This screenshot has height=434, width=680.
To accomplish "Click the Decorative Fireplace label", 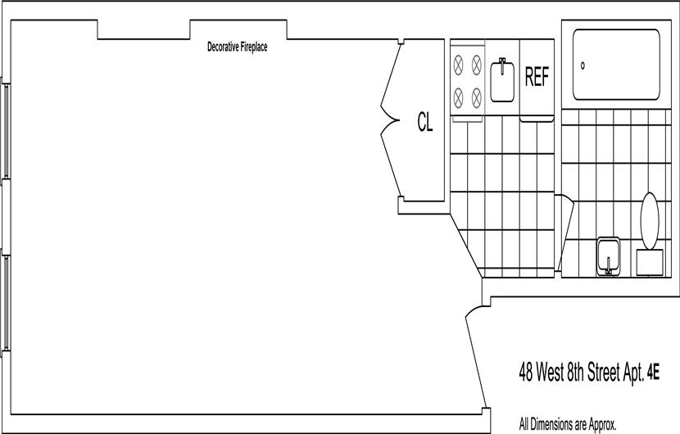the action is [x=238, y=47].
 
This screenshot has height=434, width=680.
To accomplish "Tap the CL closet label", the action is [x=425, y=122].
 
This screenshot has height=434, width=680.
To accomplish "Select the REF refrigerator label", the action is [x=537, y=77].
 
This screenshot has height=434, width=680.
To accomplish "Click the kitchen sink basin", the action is [x=502, y=81].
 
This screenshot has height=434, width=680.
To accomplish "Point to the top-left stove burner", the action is [x=459, y=65].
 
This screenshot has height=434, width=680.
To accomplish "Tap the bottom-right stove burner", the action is [x=477, y=97].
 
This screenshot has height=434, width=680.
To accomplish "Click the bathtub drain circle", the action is [x=583, y=66].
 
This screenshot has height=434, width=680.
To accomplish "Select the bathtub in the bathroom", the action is [x=616, y=65].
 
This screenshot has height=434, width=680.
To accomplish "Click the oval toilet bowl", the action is [x=650, y=221].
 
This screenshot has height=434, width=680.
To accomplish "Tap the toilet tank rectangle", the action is [x=650, y=262].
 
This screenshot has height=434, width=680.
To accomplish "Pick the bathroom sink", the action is [x=609, y=256].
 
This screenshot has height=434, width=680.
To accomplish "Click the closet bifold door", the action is [x=390, y=120].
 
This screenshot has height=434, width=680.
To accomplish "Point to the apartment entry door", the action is [x=475, y=358].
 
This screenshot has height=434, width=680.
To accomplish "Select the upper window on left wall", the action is [x=6, y=131].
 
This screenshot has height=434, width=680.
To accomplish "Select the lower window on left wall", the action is [x=6, y=303].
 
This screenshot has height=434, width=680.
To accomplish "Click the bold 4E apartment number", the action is [x=653, y=373].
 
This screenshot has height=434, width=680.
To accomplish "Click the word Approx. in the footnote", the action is [x=601, y=424].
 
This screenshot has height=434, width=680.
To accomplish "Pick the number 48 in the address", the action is [x=526, y=373].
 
